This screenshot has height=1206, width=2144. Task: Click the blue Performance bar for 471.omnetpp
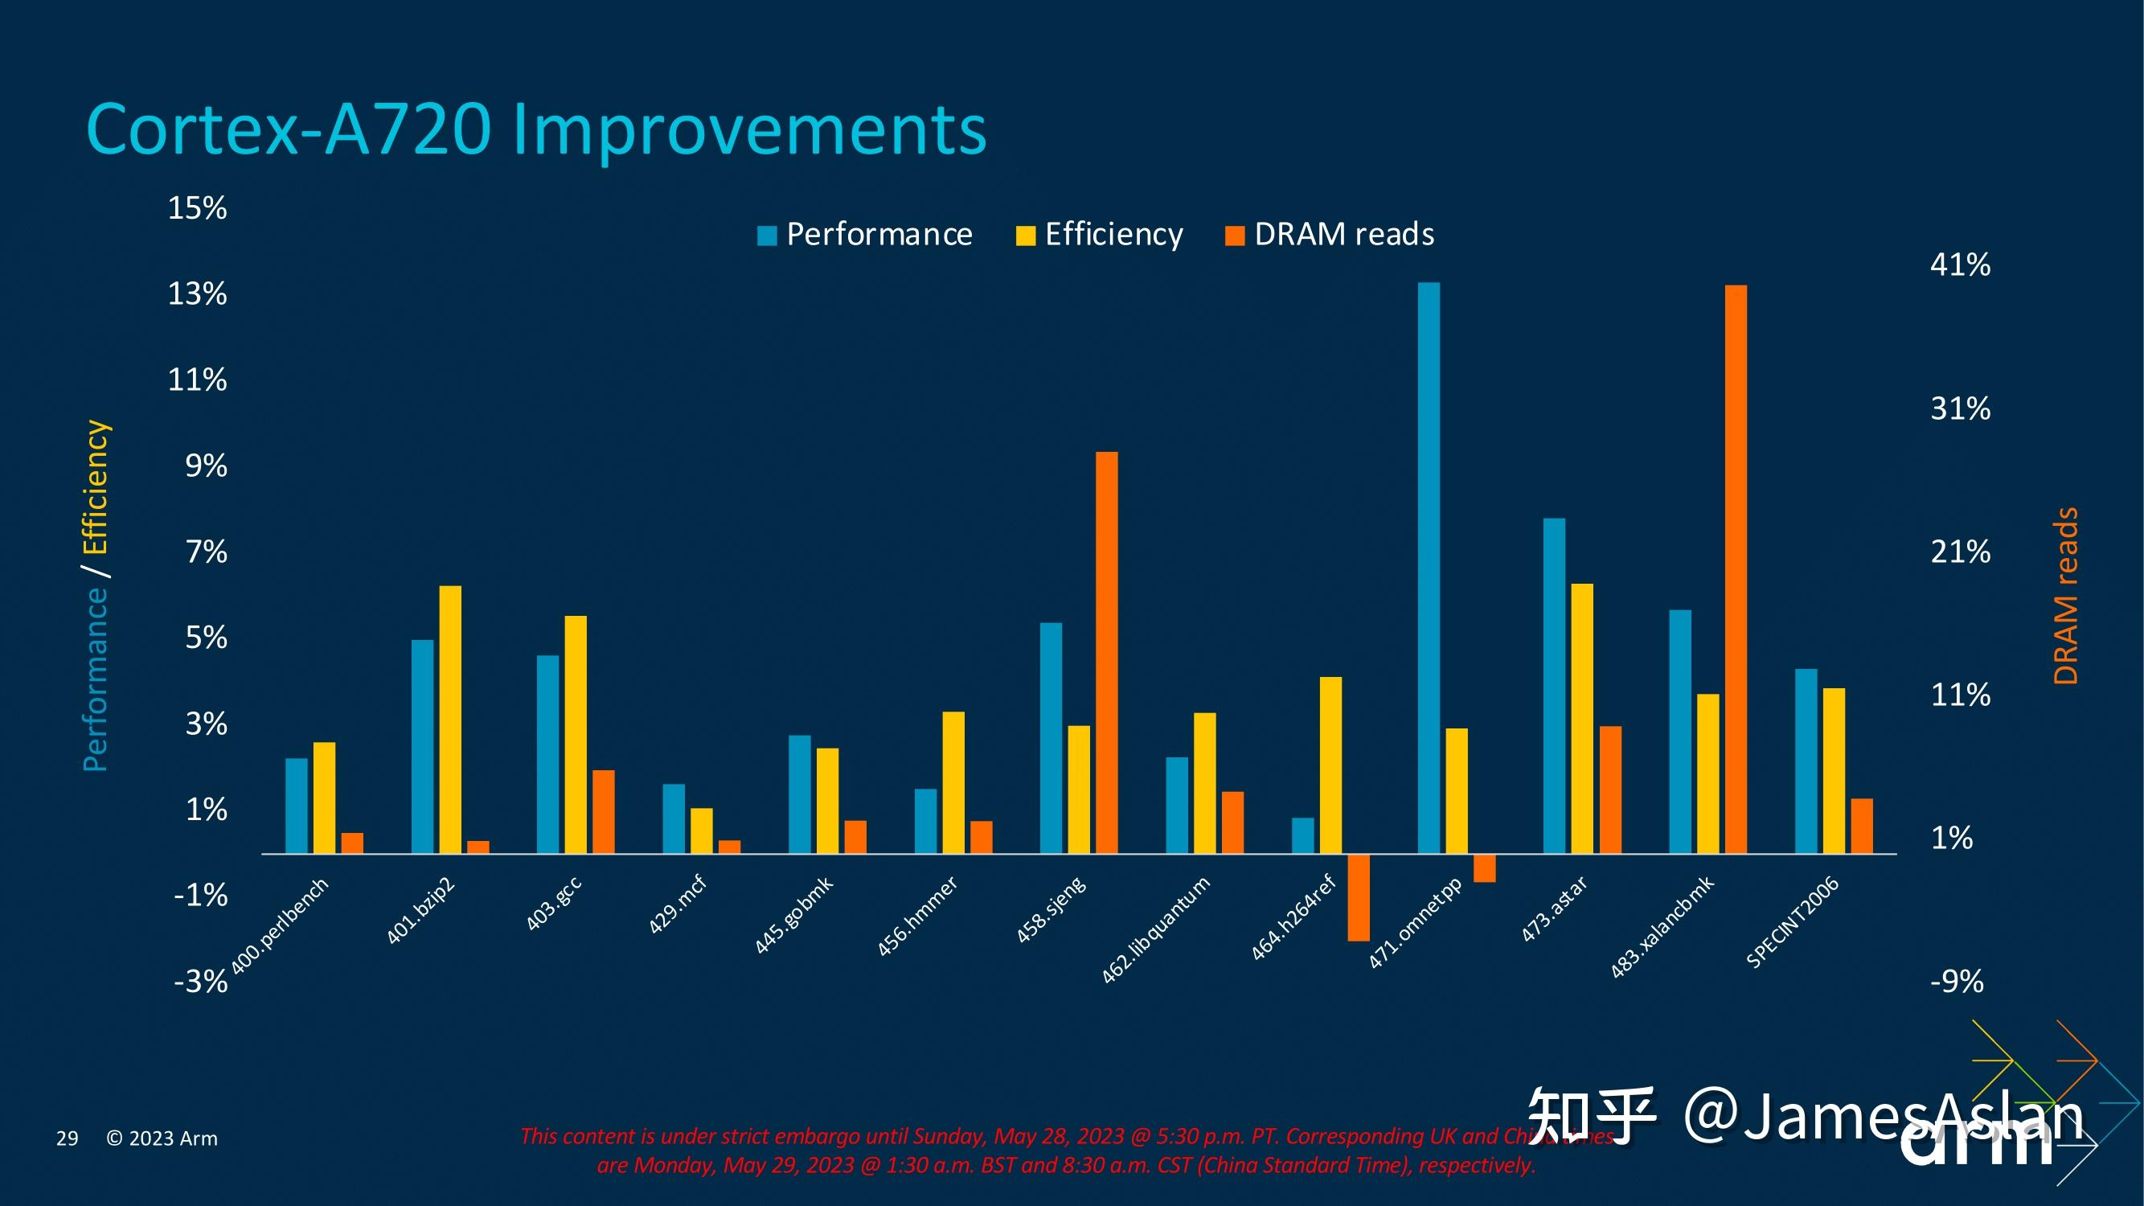pyautogui.click(x=1429, y=568)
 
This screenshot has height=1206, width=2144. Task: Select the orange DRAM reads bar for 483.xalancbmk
pyautogui.click(x=1736, y=569)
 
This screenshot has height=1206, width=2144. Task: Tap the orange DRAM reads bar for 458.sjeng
pyautogui.click(x=1106, y=653)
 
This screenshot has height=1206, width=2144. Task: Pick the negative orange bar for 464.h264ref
pyautogui.click(x=1359, y=897)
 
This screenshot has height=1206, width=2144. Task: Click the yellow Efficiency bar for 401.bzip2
pyautogui.click(x=450, y=719)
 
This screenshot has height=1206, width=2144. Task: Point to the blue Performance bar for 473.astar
pyautogui.click(x=1554, y=686)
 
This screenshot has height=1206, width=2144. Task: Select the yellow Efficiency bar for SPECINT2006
pyautogui.click(x=1834, y=771)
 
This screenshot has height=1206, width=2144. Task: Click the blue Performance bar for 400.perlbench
pyautogui.click(x=297, y=806)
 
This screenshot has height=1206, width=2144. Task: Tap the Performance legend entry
pyautogui.click(x=865, y=235)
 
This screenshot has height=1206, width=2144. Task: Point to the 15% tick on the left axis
pyautogui.click(x=197, y=208)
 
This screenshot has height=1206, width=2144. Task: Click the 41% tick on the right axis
pyautogui.click(x=1960, y=265)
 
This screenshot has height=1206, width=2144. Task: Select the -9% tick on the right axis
pyautogui.click(x=1956, y=982)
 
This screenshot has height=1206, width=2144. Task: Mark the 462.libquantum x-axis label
pyautogui.click(x=1155, y=930)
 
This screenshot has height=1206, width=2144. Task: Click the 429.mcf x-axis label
pyautogui.click(x=678, y=904)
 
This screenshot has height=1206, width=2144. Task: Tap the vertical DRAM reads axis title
pyautogui.click(x=2066, y=596)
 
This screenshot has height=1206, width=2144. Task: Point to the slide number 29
pyautogui.click(x=67, y=1138)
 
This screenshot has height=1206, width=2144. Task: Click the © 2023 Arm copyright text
pyautogui.click(x=162, y=1138)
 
